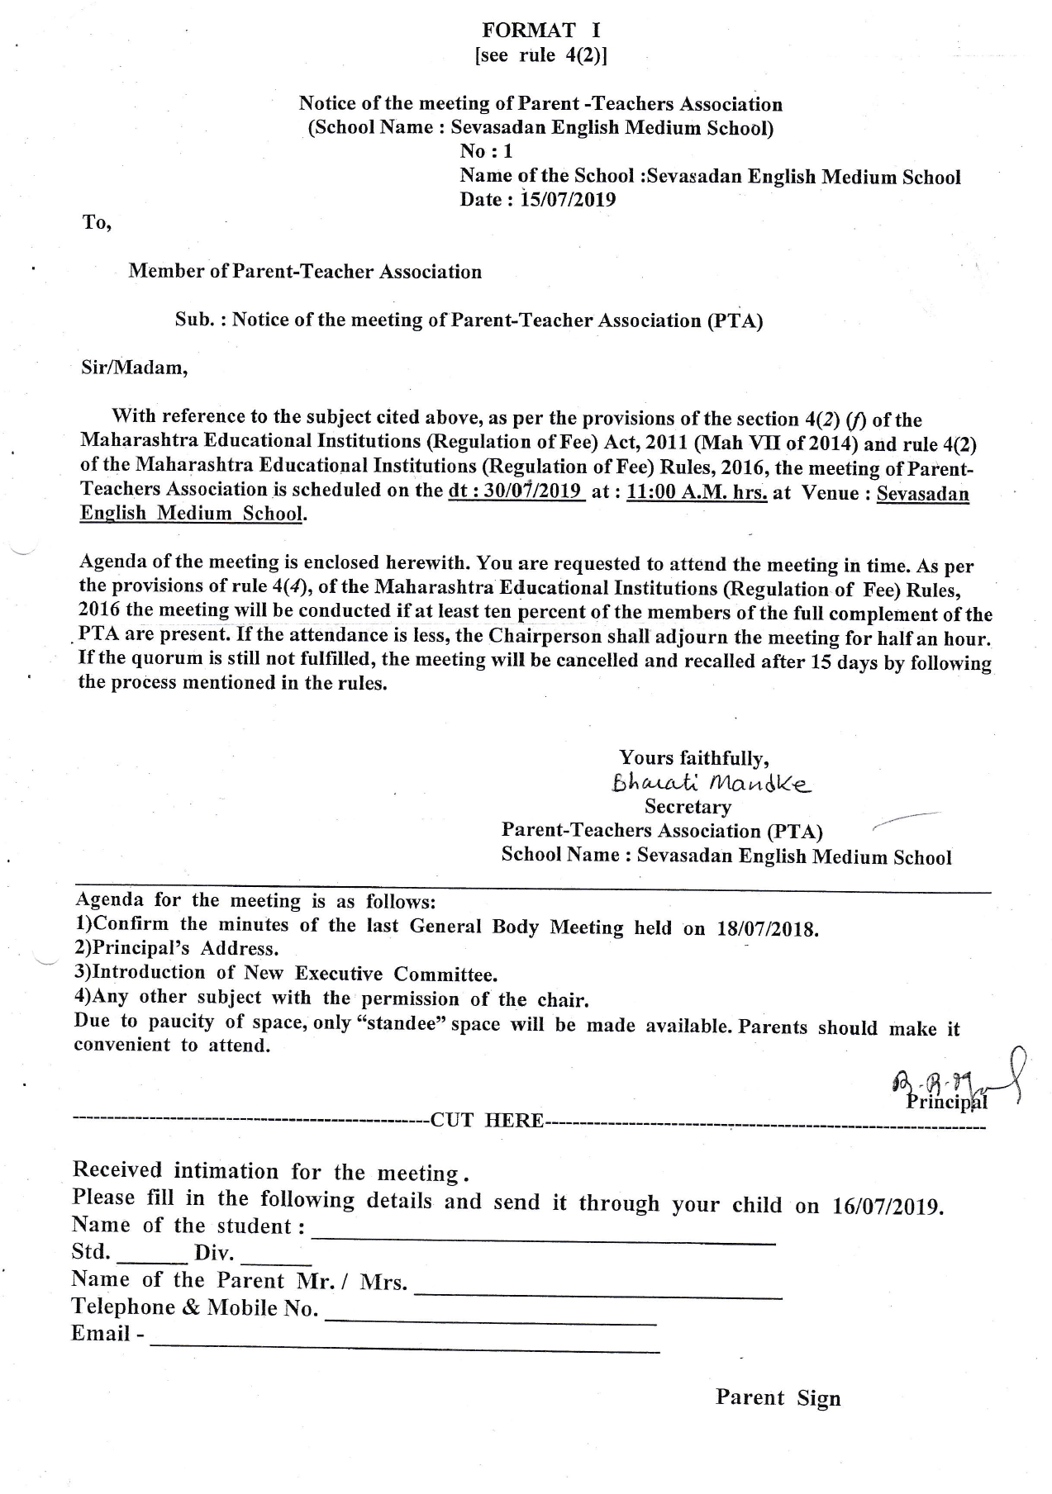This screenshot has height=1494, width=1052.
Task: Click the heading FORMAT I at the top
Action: (541, 31)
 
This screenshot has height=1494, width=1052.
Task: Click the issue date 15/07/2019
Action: (569, 200)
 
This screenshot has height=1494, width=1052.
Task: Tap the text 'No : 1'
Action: (487, 151)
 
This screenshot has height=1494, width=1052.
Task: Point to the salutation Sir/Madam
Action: (135, 368)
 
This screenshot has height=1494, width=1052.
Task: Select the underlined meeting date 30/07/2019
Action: (516, 491)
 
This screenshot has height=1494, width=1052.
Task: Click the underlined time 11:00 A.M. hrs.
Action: (697, 493)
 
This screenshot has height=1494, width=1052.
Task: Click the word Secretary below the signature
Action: (688, 807)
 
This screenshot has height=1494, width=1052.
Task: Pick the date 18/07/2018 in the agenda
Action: (768, 928)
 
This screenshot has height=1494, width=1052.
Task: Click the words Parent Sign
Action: (778, 1397)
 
